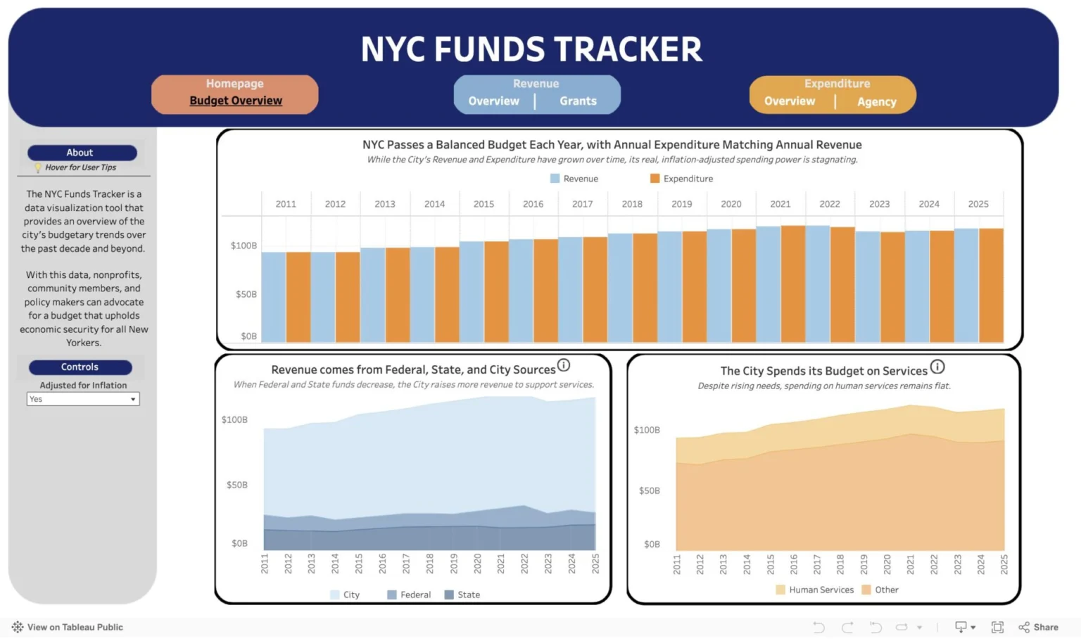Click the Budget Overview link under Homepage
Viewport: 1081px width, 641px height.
[236, 101]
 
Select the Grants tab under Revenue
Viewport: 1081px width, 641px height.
[578, 101]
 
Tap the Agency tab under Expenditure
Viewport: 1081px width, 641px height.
[876, 102]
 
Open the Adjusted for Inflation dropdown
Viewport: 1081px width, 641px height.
[83, 399]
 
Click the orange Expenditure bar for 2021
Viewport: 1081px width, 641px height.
[792, 284]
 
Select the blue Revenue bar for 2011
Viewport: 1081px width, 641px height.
[273, 297]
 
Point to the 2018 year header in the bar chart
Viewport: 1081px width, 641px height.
[632, 204]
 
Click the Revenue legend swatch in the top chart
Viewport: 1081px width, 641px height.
[555, 179]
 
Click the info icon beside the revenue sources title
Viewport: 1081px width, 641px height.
[564, 366]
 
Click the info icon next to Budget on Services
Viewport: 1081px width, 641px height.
[937, 367]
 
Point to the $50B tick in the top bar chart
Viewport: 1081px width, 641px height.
[246, 294]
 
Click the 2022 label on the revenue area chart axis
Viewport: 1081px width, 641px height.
[524, 564]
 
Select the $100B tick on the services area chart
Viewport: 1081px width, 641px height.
[647, 430]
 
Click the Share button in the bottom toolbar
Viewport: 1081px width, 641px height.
[1039, 627]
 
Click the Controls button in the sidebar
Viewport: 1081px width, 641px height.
[80, 367]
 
